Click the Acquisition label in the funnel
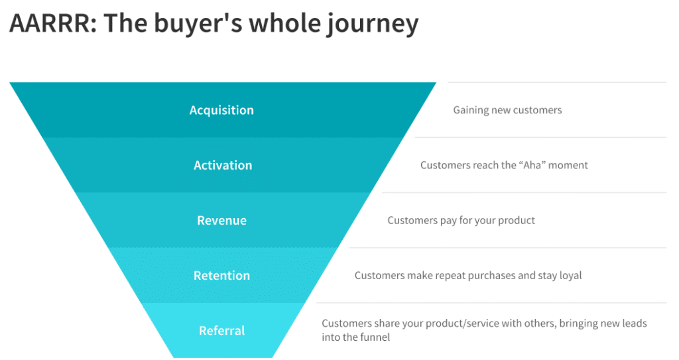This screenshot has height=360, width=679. tap(221, 110)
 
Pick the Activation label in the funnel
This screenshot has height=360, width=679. tap(223, 165)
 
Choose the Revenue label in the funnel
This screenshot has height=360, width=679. tap(221, 220)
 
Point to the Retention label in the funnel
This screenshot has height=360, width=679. tap(221, 275)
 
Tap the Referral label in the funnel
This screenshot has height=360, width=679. tap(221, 330)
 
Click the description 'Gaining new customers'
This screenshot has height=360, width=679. tap(507, 110)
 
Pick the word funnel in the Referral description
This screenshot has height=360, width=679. tap(374, 337)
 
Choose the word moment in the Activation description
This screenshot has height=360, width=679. tap(567, 165)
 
